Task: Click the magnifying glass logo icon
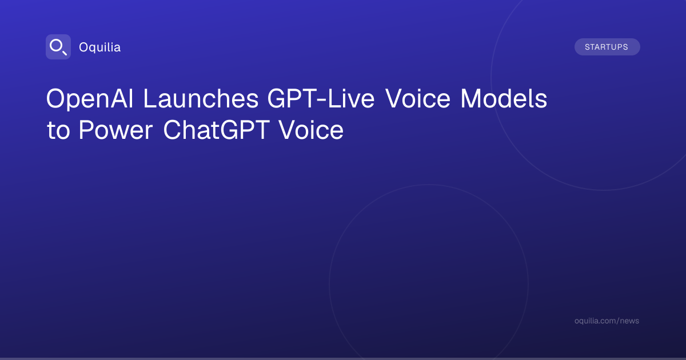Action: click(x=58, y=47)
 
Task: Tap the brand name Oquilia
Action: click(x=100, y=47)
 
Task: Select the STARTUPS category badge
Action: click(x=607, y=47)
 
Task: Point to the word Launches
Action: click(x=201, y=98)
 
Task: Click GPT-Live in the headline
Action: click(x=321, y=98)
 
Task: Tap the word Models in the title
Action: click(x=504, y=98)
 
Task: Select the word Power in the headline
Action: click(x=115, y=130)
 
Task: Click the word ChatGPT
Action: click(x=217, y=130)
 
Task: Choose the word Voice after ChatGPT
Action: click(x=311, y=130)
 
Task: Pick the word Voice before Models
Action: click(x=418, y=98)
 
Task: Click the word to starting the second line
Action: click(x=58, y=131)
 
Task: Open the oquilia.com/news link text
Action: click(x=607, y=321)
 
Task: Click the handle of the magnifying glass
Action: click(x=65, y=53)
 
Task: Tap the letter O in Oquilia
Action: click(x=84, y=47)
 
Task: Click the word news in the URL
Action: click(x=629, y=321)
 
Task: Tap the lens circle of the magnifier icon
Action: click(x=56, y=46)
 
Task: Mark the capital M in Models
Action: click(x=470, y=98)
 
